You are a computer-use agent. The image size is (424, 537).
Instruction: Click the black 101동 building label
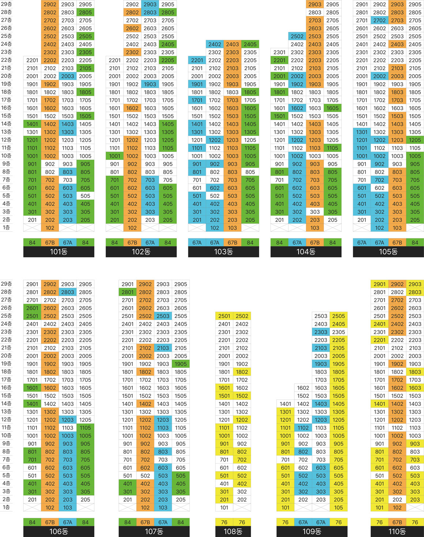pyautogui.click(x=58, y=252)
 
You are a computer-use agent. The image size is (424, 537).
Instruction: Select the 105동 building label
pyautogui.click(x=388, y=252)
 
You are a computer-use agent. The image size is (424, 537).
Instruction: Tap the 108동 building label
pyautogui.click(x=233, y=532)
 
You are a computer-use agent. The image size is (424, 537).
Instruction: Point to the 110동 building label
pyautogui.click(x=397, y=532)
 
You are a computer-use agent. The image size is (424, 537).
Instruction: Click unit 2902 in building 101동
pyautogui.click(x=50, y=4)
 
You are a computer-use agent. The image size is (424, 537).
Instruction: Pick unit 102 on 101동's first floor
pyautogui.click(x=50, y=228)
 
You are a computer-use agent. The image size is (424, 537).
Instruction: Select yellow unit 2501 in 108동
pyautogui.click(x=224, y=316)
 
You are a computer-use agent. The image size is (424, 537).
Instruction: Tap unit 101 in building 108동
pyautogui.click(x=224, y=507)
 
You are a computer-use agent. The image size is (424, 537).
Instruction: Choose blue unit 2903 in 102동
pyautogui.click(x=150, y=4)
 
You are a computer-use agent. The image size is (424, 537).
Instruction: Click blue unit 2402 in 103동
pyautogui.click(x=215, y=44)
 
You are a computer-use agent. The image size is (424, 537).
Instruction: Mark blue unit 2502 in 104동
pyautogui.click(x=297, y=36)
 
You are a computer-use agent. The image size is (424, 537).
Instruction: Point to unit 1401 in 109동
pyautogui.click(x=285, y=404)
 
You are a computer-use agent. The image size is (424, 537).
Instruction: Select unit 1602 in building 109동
pyautogui.click(x=303, y=388)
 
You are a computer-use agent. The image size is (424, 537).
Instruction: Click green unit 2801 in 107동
pyautogui.click(x=128, y=292)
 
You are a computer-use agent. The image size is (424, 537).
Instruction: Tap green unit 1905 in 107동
pyautogui.click(x=181, y=364)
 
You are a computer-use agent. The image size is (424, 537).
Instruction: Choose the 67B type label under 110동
pyautogui.click(x=397, y=522)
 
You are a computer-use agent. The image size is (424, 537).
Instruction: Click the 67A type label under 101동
pyautogui.click(x=68, y=242)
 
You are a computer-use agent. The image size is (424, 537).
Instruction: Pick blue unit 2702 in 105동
pyautogui.click(x=379, y=20)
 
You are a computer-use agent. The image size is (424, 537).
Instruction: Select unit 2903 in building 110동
pyautogui.click(x=415, y=284)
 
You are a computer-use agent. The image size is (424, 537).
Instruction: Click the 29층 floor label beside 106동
pyautogui.click(x=6, y=284)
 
